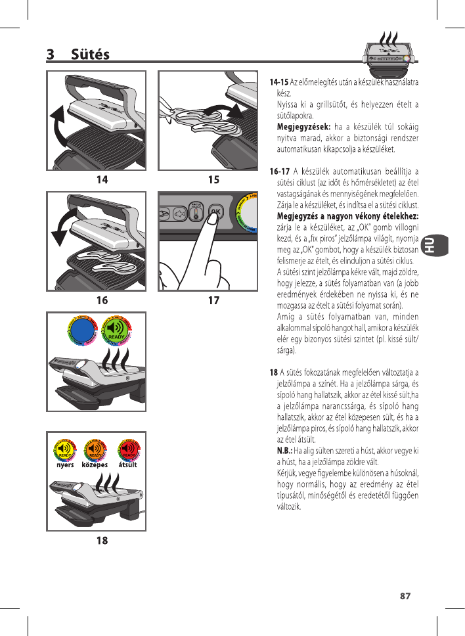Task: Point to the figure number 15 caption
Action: click(x=213, y=179)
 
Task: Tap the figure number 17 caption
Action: click(x=213, y=300)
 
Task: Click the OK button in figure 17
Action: click(x=215, y=212)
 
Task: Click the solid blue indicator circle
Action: click(x=83, y=331)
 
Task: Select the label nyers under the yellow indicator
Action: click(x=64, y=465)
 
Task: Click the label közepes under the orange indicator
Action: click(x=95, y=465)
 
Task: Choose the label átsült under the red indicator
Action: click(x=127, y=465)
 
